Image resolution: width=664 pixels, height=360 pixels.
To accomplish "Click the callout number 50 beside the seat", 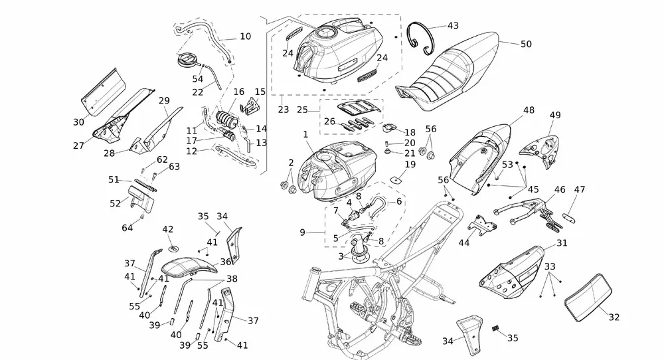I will click(525, 44).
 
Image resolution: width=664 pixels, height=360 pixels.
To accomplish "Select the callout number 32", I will click(614, 317).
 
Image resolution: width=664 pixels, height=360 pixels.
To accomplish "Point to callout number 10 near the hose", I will click(245, 37).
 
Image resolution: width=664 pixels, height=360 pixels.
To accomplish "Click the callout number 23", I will click(284, 110).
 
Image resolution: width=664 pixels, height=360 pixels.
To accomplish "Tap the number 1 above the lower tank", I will click(306, 134).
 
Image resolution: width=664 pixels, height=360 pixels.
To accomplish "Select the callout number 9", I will click(302, 232).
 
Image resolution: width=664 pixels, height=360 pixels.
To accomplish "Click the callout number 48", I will click(529, 110).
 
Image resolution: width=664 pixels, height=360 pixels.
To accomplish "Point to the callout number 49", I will click(555, 115).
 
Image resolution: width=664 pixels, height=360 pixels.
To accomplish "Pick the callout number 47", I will click(580, 190).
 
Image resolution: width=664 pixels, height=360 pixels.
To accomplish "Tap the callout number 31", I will click(562, 243).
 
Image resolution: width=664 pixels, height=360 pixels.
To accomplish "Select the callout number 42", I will click(168, 229).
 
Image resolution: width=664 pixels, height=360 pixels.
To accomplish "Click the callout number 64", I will click(127, 228).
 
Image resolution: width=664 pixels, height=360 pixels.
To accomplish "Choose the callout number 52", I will click(116, 203).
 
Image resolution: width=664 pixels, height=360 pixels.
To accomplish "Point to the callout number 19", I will click(410, 164).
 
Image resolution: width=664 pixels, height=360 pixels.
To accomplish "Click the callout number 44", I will click(463, 243).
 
